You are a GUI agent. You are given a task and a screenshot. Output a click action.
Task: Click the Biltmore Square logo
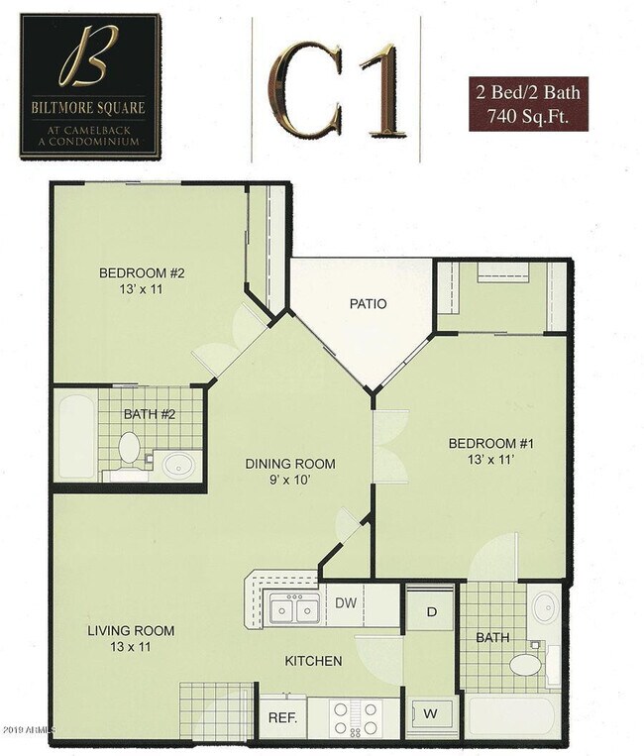click(x=90, y=86)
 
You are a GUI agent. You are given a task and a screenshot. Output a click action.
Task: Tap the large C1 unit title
click(x=337, y=90)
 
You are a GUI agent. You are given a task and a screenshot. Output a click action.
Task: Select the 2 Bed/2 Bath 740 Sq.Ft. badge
click(x=529, y=104)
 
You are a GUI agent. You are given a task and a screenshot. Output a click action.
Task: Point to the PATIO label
click(x=367, y=304)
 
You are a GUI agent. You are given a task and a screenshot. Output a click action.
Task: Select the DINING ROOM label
click(x=290, y=463)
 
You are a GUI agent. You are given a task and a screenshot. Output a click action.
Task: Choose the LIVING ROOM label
click(x=131, y=630)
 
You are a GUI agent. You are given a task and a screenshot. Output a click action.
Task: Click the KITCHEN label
click(x=314, y=661)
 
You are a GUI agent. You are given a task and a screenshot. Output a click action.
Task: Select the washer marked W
click(x=431, y=712)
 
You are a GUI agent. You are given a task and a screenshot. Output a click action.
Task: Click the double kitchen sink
click(x=294, y=609)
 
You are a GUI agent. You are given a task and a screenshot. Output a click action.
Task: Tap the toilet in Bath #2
click(x=129, y=449)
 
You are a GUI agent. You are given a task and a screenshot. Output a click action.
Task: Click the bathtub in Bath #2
click(x=74, y=436)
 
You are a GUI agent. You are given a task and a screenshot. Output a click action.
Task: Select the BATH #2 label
click(x=149, y=414)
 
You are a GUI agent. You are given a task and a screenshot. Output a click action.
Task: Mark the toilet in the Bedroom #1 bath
click(x=524, y=664)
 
